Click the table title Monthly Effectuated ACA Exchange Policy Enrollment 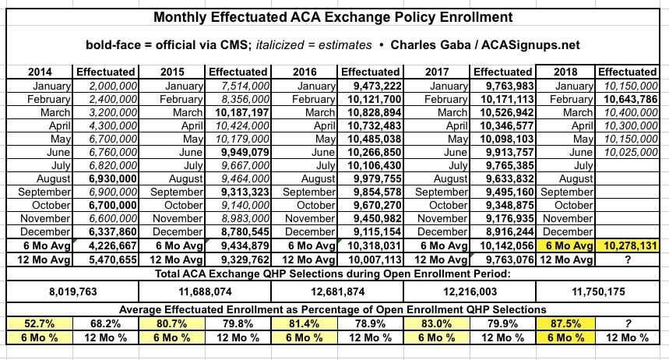click(x=334, y=16)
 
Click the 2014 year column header click(x=40, y=72)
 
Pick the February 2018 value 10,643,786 click(x=627, y=98)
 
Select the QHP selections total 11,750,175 click(x=600, y=288)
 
